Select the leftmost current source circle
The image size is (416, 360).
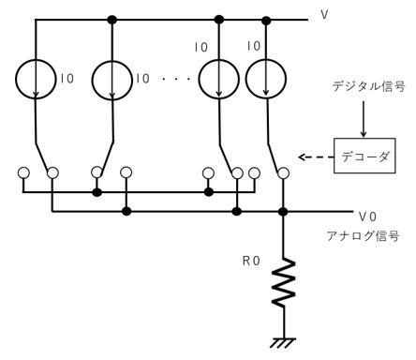click(x=35, y=81)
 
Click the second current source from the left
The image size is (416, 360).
click(x=112, y=81)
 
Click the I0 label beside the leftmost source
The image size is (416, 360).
click(x=67, y=80)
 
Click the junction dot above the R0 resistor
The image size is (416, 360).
click(x=283, y=212)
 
